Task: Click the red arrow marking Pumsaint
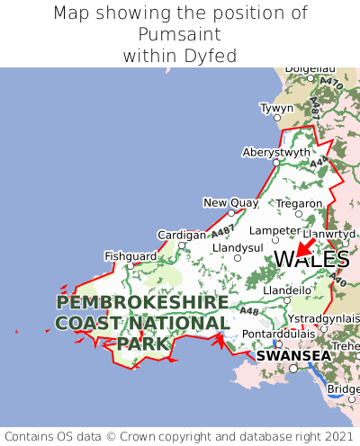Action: [304, 244]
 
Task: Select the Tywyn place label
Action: [276, 108]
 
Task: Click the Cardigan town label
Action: [181, 235]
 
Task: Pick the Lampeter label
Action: [273, 230]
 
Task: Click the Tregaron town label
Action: [298, 204]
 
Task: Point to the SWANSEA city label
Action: [293, 356]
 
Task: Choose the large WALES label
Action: [310, 260]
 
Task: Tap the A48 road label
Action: [249, 311]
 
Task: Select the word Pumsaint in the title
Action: [180, 34]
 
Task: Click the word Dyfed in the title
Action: [213, 56]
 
